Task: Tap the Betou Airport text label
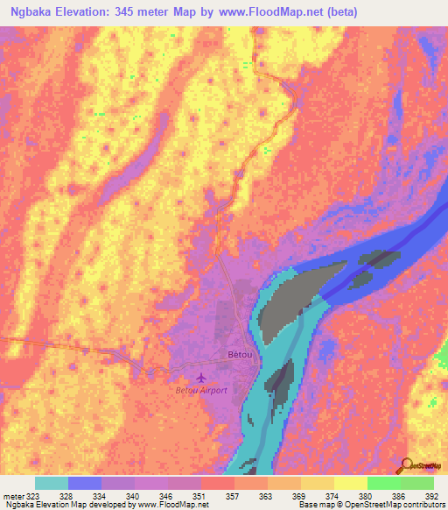(x=201, y=390)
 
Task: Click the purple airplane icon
(x=203, y=378)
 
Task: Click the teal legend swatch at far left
(x=52, y=483)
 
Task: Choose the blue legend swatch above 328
(x=85, y=483)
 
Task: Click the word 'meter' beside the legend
(x=13, y=497)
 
